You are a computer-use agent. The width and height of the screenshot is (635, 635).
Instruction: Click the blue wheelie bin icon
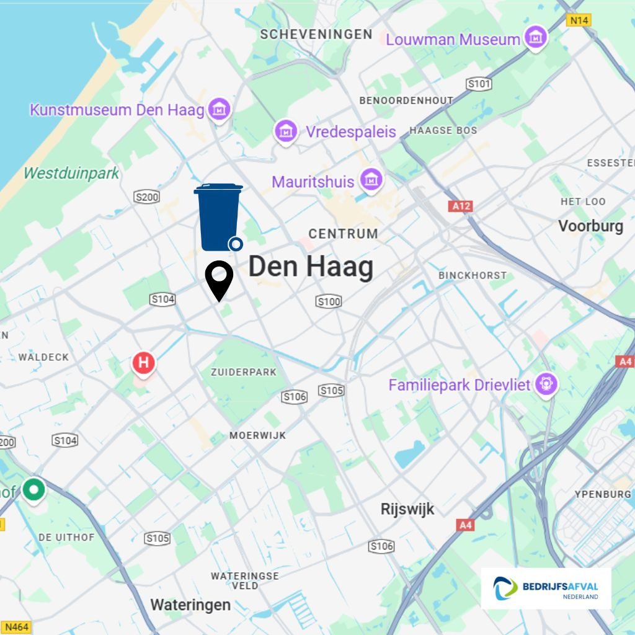[218, 217]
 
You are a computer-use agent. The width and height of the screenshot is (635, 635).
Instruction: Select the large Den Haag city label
[311, 267]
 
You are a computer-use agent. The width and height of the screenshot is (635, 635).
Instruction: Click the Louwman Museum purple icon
[534, 38]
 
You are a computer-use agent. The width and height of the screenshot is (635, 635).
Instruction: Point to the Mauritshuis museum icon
[371, 180]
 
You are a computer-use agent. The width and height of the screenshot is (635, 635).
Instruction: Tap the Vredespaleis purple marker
[286, 131]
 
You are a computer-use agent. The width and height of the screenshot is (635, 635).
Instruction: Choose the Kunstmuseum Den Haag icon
[218, 110]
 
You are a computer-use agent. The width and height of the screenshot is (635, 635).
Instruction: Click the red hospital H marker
[144, 362]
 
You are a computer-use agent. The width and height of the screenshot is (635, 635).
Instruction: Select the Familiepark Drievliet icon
[546, 384]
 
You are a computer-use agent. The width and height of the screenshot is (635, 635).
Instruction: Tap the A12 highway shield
[461, 206]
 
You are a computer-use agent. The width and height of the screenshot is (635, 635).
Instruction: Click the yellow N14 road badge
[579, 20]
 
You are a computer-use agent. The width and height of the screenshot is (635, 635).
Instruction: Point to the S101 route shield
[479, 84]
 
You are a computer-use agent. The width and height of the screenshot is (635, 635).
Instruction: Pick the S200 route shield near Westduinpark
[147, 197]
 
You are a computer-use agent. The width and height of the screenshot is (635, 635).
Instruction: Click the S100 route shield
[329, 301]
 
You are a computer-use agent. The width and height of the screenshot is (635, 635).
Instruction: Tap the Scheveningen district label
[316, 34]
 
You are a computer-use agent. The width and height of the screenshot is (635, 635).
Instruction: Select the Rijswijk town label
[407, 510]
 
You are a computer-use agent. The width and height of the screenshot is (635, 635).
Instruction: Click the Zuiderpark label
[244, 372]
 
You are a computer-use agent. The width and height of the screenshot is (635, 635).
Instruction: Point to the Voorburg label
[590, 226]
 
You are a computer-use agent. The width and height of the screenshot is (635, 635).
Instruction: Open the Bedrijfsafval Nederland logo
[546, 588]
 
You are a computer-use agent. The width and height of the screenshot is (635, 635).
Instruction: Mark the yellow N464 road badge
[16, 627]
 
